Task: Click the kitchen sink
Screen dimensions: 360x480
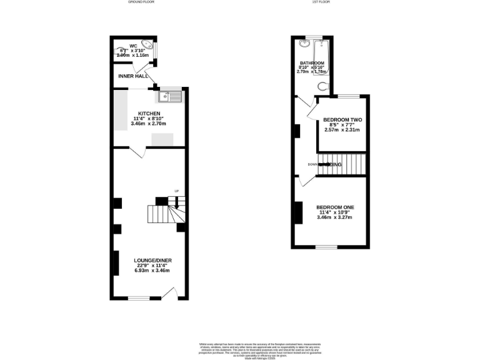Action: tap(170, 96)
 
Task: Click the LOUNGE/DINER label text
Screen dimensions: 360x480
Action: tap(152, 260)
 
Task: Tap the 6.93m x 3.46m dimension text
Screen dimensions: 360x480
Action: tap(152, 271)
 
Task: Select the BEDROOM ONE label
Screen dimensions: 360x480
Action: tap(335, 207)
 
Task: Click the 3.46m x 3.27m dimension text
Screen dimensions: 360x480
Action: tap(335, 217)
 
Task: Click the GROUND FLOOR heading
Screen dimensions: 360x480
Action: tap(141, 2)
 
